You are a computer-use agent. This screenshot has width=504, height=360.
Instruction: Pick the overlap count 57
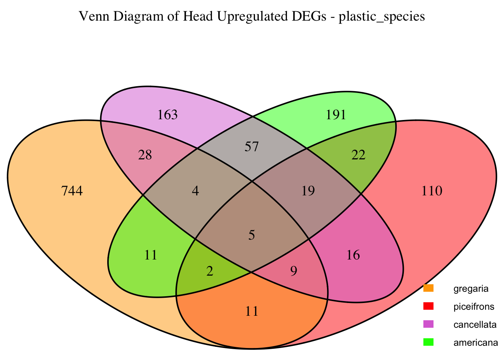coord(252,147)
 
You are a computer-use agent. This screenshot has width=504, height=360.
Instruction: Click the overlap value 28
coord(145,155)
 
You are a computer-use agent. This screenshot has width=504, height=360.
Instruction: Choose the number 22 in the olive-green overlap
coord(358,155)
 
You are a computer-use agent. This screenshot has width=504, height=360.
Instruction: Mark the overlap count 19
coord(308,191)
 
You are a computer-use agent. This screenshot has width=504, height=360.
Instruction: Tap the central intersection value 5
coord(252,235)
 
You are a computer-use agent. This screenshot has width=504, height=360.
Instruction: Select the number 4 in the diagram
coord(195,191)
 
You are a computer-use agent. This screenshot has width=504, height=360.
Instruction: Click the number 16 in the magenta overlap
coord(353,255)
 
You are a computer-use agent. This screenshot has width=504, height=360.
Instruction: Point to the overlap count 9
coord(294,271)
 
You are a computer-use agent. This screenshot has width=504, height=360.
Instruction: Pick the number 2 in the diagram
coord(210,271)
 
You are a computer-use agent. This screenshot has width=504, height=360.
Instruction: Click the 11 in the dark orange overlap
coord(252,311)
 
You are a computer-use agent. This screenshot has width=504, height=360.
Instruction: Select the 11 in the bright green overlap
coord(150,255)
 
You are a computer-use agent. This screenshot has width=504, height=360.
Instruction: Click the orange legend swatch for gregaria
coord(428,288)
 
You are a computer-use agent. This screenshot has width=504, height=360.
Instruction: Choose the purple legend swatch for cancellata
coord(428,324)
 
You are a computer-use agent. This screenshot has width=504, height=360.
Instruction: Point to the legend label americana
coord(475,342)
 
